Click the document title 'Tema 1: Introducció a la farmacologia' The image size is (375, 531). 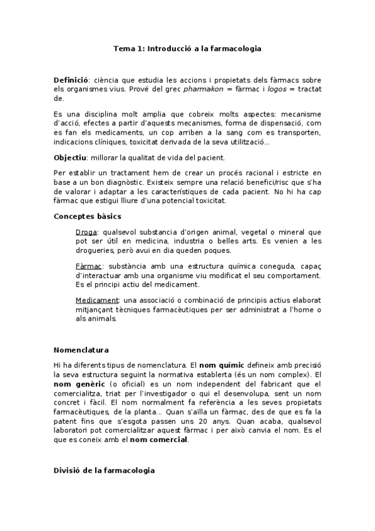[x=187, y=48]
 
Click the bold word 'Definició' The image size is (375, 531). [x=71, y=81]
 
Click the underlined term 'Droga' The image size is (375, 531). [x=85, y=232]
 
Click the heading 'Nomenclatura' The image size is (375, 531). [x=81, y=349]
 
